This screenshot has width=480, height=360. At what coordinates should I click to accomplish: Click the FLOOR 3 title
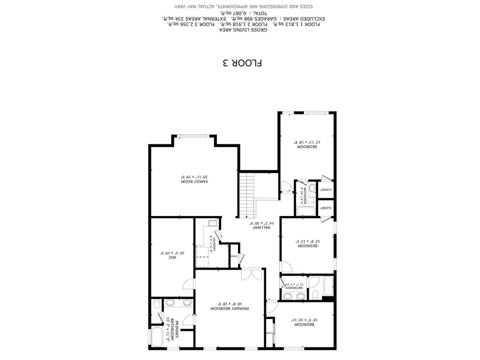click(242, 63)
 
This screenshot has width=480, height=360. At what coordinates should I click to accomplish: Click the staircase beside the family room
click(247, 195)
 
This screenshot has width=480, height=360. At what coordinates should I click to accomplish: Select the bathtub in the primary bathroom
click(157, 337)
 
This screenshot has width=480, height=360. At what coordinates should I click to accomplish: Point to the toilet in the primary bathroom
click(156, 305)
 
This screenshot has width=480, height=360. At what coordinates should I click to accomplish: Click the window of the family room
click(194, 136)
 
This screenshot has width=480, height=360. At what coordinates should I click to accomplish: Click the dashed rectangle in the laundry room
click(202, 253)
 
